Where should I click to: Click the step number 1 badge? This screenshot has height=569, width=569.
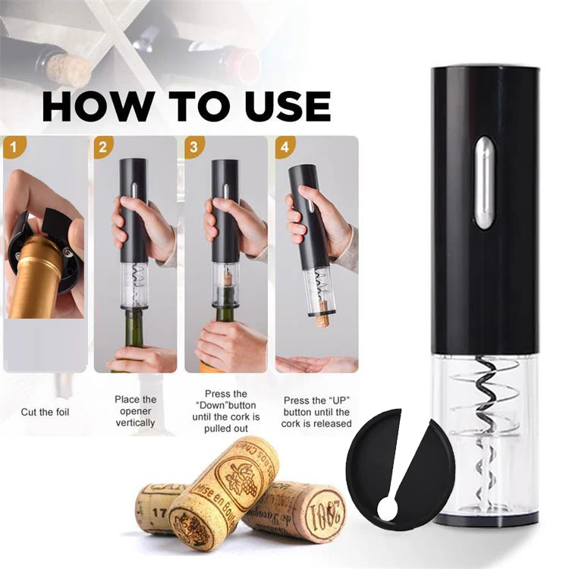[x=13, y=146]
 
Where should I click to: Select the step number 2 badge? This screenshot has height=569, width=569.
[x=104, y=146]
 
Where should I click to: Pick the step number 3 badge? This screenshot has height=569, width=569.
[x=195, y=146]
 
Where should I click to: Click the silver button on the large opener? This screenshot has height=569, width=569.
[x=483, y=182]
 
